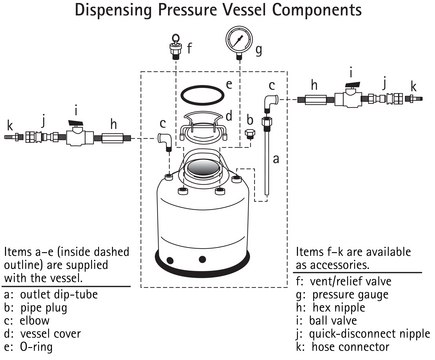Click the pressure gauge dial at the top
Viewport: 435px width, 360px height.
click(239, 40)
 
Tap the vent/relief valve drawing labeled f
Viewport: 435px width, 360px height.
click(176, 47)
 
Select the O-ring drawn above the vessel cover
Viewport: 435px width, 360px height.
click(202, 95)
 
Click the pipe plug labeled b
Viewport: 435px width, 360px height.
click(250, 134)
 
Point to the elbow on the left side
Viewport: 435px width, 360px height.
click(165, 141)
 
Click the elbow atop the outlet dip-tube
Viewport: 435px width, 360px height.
click(272, 103)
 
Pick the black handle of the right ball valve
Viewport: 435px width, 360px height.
click(352, 85)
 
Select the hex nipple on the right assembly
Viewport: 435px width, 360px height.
click(315, 99)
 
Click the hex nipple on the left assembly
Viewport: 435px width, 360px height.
click(114, 137)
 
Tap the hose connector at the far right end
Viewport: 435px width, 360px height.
click(414, 99)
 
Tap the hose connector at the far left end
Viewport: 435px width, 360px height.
click(14, 137)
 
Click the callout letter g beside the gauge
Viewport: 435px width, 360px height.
click(259, 51)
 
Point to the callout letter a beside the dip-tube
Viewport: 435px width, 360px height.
click(276, 159)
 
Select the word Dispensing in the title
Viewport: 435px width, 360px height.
click(113, 10)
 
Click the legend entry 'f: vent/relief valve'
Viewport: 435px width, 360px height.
click(344, 281)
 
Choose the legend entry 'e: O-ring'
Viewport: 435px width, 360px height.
click(29, 347)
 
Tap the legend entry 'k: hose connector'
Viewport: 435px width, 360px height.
click(342, 347)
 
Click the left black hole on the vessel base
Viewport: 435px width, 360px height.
click(170, 260)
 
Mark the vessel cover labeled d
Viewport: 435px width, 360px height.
click(203, 128)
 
